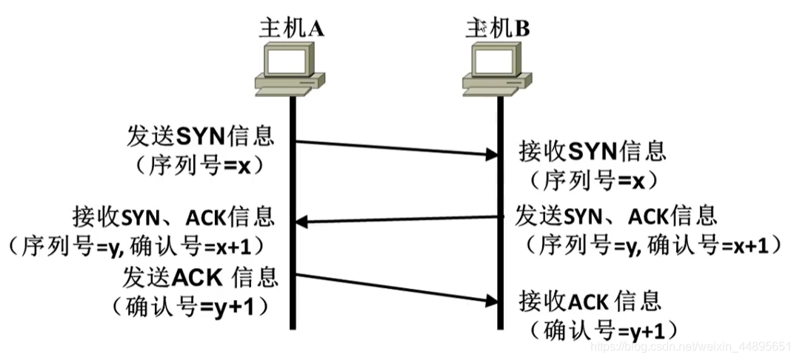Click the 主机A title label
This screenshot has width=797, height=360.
coord(291,28)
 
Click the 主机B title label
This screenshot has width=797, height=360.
coord(497,28)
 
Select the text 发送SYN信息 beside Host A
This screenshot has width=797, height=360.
coord(201,137)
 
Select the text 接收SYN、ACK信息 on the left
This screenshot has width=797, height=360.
coord(174,216)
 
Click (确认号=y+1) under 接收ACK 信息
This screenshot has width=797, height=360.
coord(600,329)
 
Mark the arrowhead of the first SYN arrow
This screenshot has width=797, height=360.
coord(490,155)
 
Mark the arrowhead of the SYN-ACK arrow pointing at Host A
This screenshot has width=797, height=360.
coord(301,221)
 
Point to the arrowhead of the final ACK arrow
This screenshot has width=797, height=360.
coord(490,301)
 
